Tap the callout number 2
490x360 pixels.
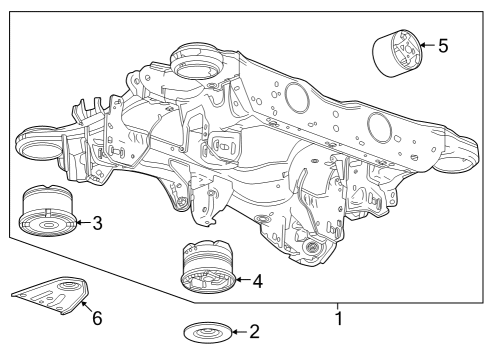254,330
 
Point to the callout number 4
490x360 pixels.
257,282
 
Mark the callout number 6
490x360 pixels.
96,319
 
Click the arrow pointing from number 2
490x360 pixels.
237,330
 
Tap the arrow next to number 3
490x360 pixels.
80,222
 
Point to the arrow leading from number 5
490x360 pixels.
426,44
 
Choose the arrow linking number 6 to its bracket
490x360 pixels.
86,308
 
